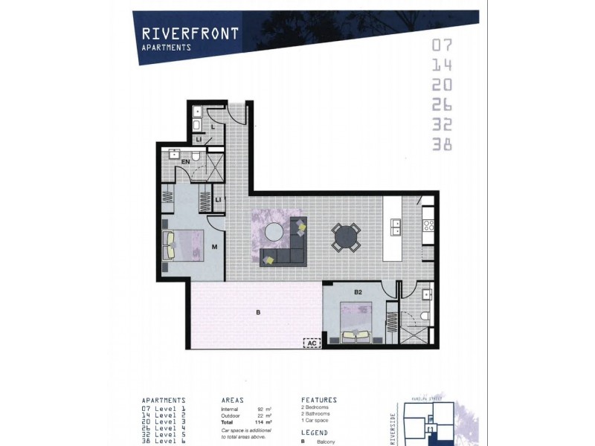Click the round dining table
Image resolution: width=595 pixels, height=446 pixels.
(x=346, y=237)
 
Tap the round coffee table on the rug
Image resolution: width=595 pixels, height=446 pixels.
(x=274, y=232)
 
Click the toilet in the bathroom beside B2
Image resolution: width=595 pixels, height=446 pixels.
(x=423, y=317)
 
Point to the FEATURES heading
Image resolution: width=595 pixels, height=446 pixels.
(x=318, y=400)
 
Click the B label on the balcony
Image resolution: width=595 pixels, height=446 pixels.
(x=258, y=313)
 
